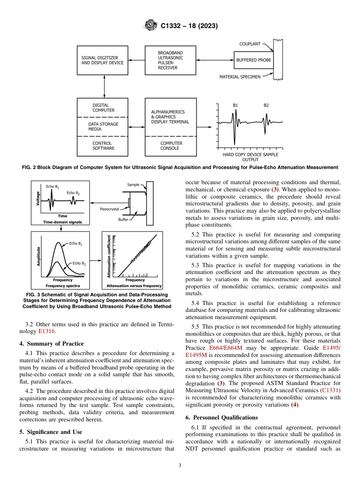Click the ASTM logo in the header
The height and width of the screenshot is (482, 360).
[x=151, y=26]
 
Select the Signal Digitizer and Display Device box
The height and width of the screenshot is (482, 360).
[x=102, y=61]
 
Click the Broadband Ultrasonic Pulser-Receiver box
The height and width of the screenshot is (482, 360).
[x=171, y=61]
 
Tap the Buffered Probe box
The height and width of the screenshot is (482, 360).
[x=254, y=60]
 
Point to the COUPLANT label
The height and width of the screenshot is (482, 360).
[x=250, y=44]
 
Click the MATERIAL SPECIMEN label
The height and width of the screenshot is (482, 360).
[x=240, y=77]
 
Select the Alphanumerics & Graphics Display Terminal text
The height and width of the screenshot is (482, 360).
[x=168, y=117]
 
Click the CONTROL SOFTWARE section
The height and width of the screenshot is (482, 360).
[x=103, y=146]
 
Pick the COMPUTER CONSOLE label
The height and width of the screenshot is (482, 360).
[x=171, y=146]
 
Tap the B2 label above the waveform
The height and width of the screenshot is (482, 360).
[x=266, y=105]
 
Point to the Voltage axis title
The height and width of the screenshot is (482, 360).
[x=38, y=198]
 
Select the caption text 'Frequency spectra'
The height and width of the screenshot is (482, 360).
[x=63, y=286]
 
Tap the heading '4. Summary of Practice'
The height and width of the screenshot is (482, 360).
[x=52, y=344]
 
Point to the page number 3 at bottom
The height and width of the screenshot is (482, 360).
[x=180, y=466]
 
